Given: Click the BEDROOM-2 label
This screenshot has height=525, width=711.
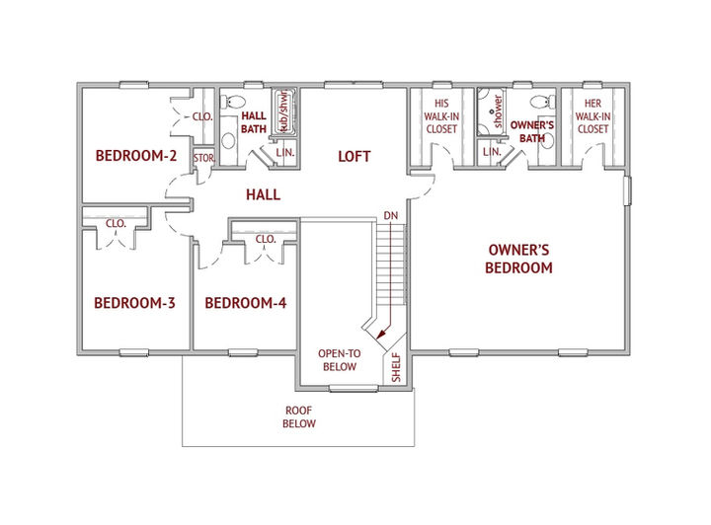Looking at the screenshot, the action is click(136, 156).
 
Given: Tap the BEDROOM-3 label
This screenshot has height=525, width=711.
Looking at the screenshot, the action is click(134, 303).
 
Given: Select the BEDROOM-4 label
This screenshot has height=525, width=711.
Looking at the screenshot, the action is click(246, 303).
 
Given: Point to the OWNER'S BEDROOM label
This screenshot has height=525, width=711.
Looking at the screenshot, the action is click(518, 259).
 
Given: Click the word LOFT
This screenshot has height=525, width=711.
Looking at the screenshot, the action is click(355, 156).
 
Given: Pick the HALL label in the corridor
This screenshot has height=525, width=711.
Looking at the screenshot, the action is click(263, 194).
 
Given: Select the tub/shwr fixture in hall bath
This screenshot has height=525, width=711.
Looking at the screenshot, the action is click(284, 112).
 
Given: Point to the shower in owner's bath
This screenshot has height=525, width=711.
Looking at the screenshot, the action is click(491, 112).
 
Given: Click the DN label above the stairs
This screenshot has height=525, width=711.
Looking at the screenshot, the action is click(390, 215).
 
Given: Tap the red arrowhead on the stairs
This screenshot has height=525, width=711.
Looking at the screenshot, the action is click(381, 334).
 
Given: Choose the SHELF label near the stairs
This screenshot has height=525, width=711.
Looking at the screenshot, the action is click(396, 367).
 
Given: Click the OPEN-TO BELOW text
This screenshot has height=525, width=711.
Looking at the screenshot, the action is click(339, 360).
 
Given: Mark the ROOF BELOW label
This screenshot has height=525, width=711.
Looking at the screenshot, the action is click(299, 417).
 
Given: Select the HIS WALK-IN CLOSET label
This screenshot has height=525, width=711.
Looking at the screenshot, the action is click(441, 116).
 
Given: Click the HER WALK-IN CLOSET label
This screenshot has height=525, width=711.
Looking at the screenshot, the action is click(592, 116).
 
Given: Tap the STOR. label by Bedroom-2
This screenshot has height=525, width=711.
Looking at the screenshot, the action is click(203, 158).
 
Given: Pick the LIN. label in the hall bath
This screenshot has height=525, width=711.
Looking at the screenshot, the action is click(285, 152).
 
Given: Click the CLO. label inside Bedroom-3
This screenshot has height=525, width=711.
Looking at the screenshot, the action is click(116, 223).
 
